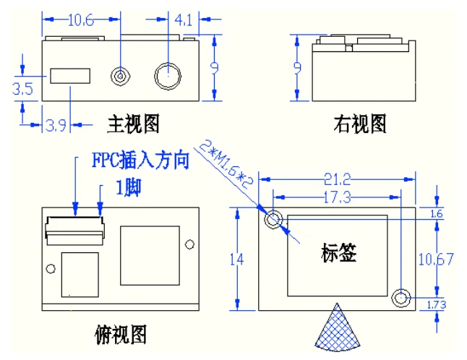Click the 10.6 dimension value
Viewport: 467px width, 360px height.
pyautogui.click(x=81, y=20)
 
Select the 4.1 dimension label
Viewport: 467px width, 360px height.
pyautogui.click(x=183, y=20)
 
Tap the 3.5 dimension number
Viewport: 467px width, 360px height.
pyautogui.click(x=22, y=89)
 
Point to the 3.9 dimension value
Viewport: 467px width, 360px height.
pyautogui.click(x=56, y=125)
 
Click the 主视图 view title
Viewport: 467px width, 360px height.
pyautogui.click(x=134, y=124)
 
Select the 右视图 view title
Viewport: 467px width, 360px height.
pyautogui.click(x=360, y=124)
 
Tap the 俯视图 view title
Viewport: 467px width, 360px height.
pyautogui.click(x=121, y=335)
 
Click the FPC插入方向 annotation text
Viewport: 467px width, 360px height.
pyautogui.click(x=140, y=160)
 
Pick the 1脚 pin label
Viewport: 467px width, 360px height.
pyautogui.click(x=129, y=188)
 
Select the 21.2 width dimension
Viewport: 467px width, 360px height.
pyautogui.click(x=338, y=179)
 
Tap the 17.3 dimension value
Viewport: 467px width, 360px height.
pyautogui.click(x=337, y=197)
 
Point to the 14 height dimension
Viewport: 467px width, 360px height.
pyautogui.click(x=237, y=260)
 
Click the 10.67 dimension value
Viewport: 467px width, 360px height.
pyautogui.click(x=436, y=259)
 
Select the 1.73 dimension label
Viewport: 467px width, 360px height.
pyautogui.click(x=437, y=304)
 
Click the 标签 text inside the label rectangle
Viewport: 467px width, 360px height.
pyautogui.click(x=338, y=252)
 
